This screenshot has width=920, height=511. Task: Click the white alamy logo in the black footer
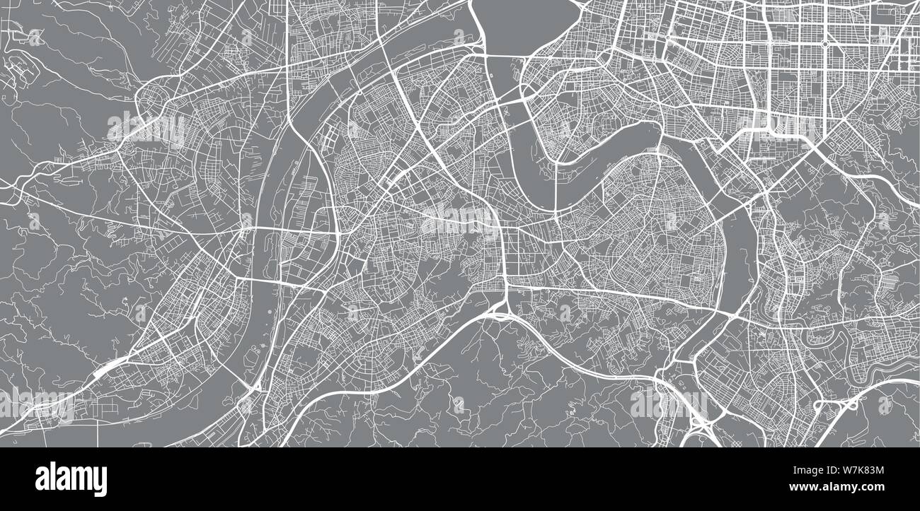(71, 478)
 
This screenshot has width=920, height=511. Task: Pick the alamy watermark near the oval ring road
(145, 127)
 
